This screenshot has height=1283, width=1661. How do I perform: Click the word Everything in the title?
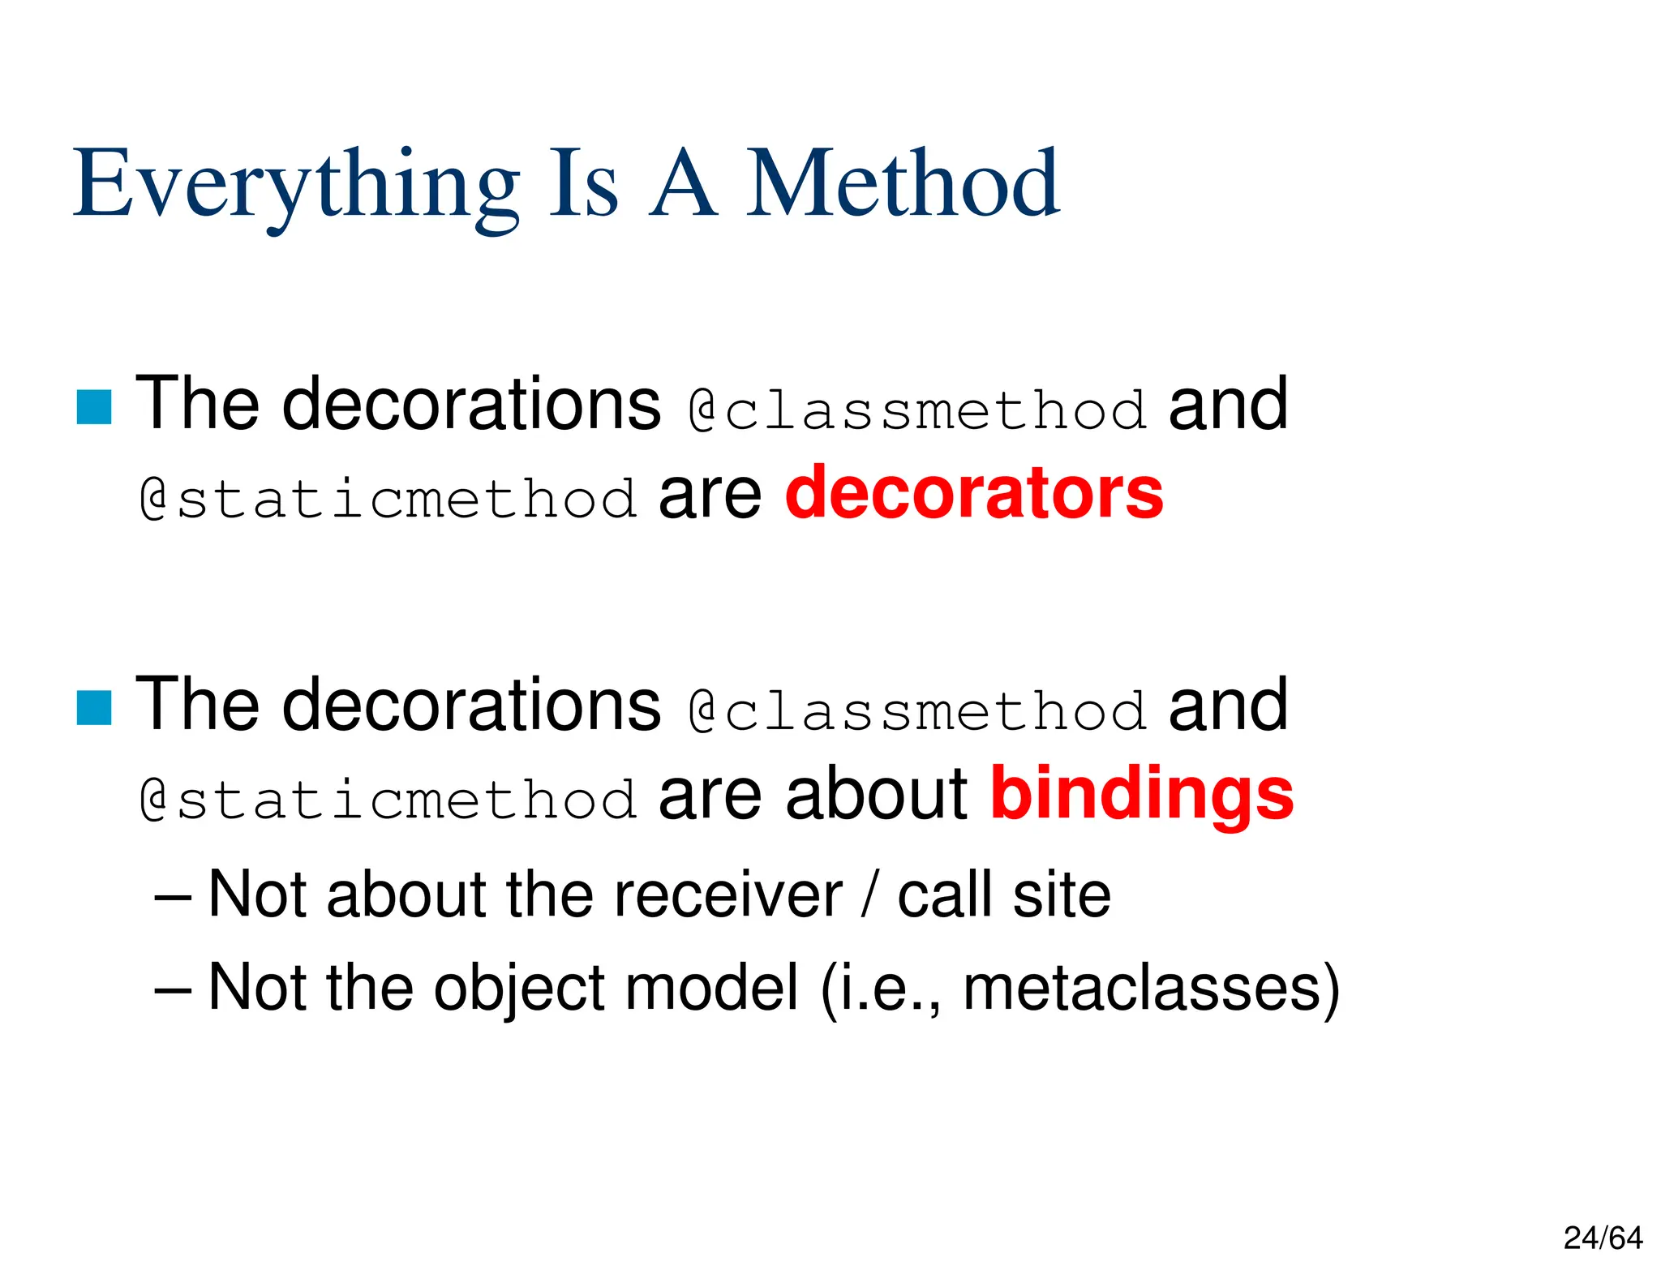tap(296, 185)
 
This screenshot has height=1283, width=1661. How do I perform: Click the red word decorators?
tap(974, 492)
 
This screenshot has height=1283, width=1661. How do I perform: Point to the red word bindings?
tap(1142, 794)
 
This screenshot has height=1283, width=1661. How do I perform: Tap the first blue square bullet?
tap(94, 407)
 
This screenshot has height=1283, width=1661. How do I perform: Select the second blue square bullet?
tap(94, 708)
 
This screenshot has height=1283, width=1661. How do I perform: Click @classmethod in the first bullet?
tap(917, 410)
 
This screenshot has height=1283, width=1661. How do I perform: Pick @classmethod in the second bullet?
tap(917, 710)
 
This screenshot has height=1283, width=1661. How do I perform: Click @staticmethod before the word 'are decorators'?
tap(388, 498)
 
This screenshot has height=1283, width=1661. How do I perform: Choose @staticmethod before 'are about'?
tap(388, 800)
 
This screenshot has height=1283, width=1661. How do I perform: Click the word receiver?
tap(727, 895)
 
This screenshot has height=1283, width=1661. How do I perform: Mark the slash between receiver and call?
tap(870, 895)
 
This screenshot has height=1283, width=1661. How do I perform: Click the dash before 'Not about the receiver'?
tap(172, 896)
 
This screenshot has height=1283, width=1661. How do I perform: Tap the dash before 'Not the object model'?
tap(172, 989)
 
